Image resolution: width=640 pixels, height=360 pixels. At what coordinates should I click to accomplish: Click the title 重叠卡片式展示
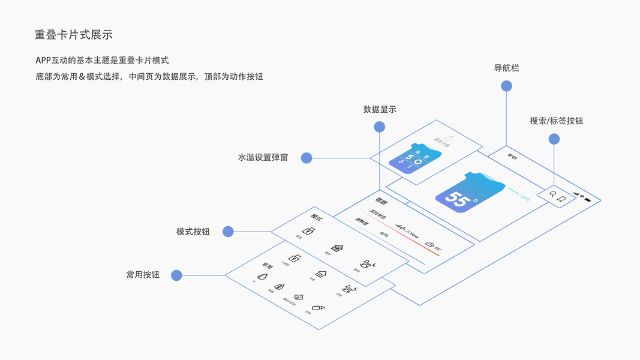74,35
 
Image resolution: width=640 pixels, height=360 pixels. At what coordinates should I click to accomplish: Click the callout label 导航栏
506,68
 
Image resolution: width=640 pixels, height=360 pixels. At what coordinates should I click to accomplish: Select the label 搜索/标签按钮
556,121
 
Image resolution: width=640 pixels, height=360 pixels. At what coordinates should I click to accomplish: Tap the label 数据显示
380,110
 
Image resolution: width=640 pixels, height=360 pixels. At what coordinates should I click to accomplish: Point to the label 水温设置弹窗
263,158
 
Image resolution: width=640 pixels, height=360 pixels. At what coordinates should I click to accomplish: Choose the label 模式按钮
193,232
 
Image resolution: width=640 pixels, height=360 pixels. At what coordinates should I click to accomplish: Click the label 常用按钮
143,275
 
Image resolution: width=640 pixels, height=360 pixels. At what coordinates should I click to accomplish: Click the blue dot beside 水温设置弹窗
307,158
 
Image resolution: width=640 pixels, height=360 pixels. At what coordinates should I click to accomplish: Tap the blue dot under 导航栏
506,86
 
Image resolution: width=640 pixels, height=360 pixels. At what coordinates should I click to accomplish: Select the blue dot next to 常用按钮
176,275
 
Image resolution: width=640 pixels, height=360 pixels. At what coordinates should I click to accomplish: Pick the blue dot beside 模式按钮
228,232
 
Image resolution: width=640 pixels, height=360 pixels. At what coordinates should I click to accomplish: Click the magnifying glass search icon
553,195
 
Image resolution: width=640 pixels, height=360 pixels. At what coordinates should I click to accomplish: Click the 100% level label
524,197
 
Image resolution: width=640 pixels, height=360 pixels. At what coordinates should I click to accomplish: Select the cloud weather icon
429,244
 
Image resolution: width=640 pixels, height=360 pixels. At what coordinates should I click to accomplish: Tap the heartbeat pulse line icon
401,228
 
